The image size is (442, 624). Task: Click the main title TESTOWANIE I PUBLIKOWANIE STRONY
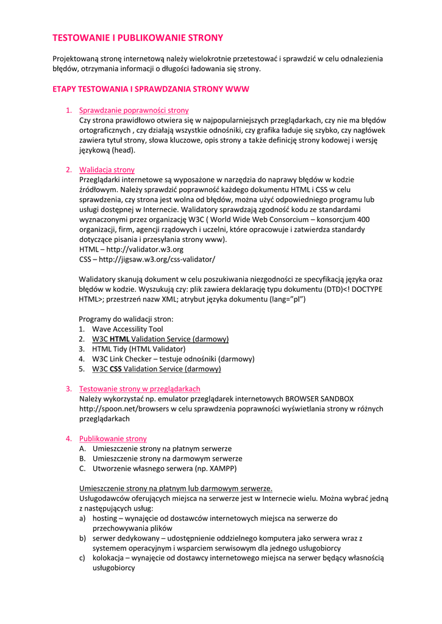(138, 38)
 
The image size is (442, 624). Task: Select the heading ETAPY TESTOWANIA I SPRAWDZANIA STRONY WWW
(151, 89)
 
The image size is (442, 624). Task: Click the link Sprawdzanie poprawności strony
(134, 110)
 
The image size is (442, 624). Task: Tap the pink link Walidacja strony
(107, 169)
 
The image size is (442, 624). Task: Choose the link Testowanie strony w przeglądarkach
(139, 389)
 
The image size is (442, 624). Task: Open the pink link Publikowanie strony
(113, 439)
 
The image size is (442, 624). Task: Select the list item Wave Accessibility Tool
(127, 329)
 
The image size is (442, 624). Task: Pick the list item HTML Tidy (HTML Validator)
(138, 349)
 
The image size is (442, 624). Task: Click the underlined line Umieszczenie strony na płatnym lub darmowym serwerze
(176, 489)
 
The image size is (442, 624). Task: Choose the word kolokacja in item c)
(108, 558)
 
